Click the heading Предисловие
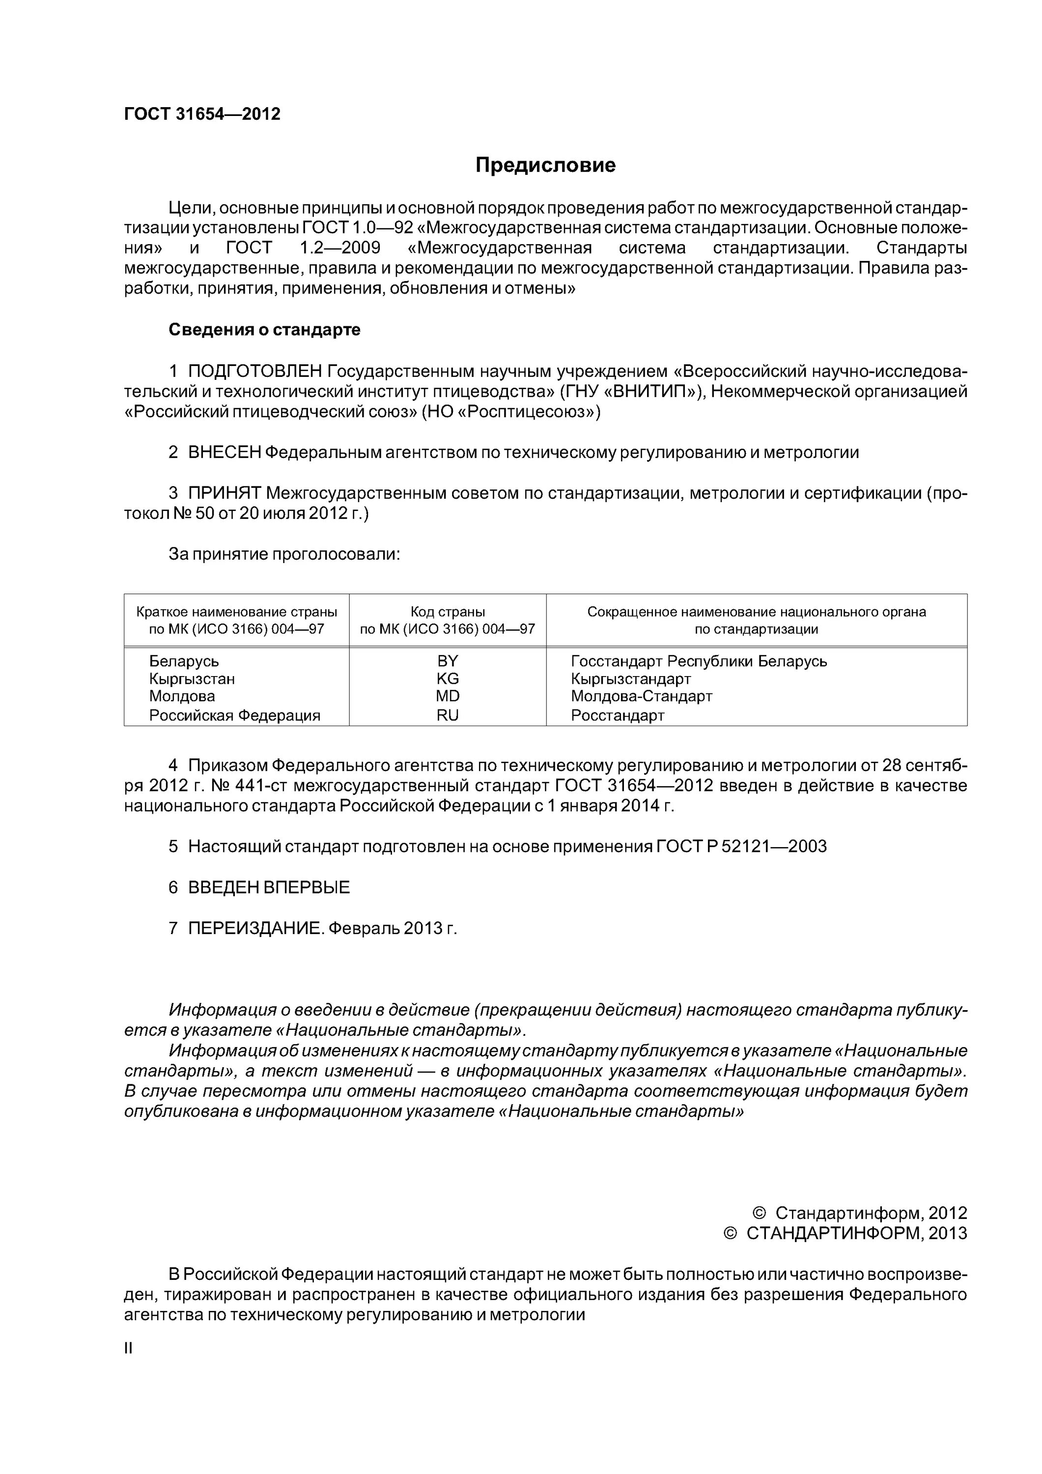click(x=545, y=166)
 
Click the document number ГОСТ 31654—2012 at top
click(x=202, y=114)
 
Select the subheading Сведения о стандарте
click(x=264, y=330)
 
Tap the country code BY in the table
click(x=448, y=661)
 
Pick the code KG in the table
click(x=448, y=679)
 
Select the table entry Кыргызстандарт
click(x=630, y=679)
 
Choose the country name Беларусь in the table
click(x=184, y=661)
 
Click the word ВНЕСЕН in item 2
click(x=225, y=453)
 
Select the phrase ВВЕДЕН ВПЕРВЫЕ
click(x=269, y=888)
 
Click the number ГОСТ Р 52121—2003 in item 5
click(x=741, y=847)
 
